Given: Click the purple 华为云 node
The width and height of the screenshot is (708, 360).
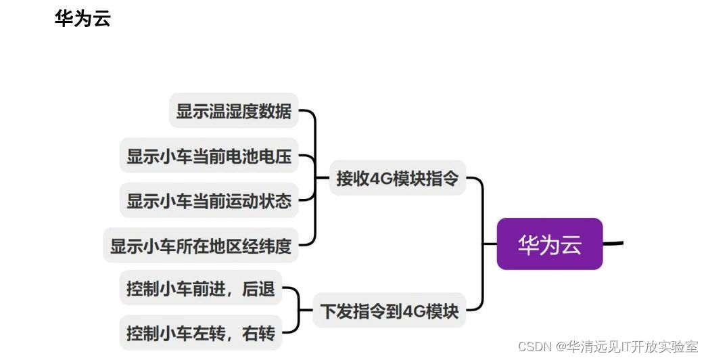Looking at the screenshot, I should click(x=549, y=244).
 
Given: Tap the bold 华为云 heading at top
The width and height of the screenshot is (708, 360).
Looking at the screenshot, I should click(x=82, y=18).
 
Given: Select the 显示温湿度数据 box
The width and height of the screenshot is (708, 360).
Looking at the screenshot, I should click(x=233, y=111).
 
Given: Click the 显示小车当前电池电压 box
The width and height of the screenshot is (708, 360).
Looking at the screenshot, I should click(x=209, y=156).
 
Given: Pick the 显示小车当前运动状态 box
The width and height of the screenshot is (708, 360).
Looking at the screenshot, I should click(x=209, y=201).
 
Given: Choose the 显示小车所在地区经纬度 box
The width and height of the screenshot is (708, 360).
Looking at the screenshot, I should click(x=201, y=246).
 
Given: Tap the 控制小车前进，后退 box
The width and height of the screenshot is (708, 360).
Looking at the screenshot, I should click(x=200, y=289).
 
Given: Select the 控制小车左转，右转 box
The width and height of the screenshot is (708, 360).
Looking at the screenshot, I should click(x=200, y=333).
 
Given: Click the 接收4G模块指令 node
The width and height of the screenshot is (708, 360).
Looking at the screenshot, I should click(x=397, y=179).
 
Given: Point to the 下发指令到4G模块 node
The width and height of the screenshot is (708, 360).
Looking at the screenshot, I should click(x=389, y=311).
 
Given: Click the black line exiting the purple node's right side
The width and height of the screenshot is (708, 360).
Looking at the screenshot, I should click(x=612, y=242).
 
